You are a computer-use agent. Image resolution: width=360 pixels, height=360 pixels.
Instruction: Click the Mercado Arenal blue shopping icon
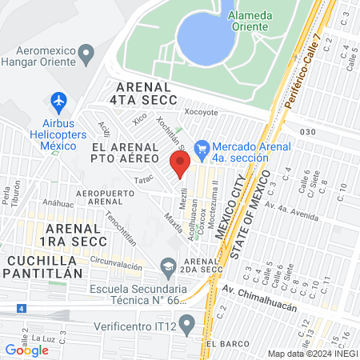(202, 147)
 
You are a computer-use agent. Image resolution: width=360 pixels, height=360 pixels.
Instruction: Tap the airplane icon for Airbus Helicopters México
(58, 102)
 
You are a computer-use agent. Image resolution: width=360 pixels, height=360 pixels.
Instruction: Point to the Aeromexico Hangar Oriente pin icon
(87, 54)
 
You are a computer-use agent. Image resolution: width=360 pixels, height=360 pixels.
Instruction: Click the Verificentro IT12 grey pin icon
(186, 325)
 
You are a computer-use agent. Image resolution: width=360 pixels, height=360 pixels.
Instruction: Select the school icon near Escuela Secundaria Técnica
(168, 265)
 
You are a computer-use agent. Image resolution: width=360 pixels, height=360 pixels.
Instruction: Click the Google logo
(26, 350)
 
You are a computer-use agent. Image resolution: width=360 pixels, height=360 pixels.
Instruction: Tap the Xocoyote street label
(201, 113)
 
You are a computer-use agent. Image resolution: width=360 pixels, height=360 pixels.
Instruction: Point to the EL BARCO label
(223, 343)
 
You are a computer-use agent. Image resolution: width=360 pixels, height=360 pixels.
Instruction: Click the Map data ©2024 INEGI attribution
(312, 354)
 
